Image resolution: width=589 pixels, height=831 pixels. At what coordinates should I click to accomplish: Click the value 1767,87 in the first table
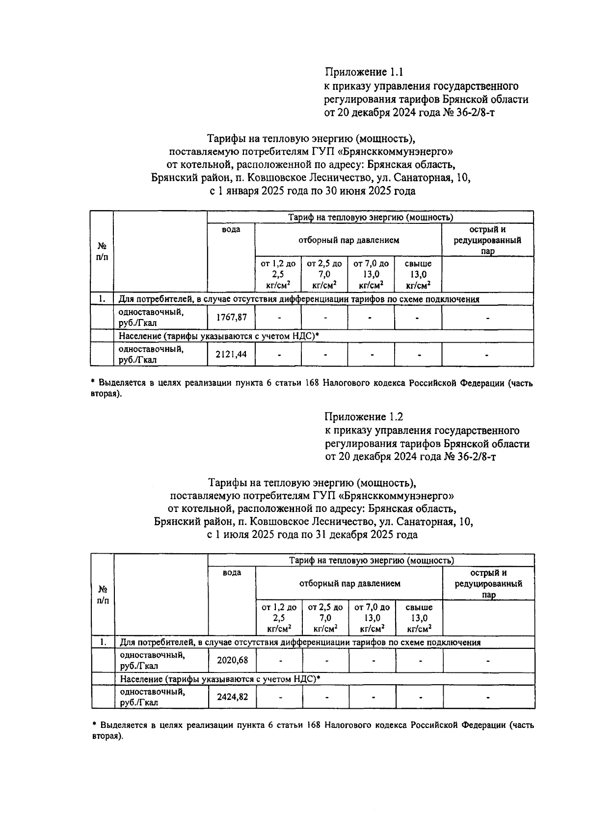pyautogui.click(x=231, y=318)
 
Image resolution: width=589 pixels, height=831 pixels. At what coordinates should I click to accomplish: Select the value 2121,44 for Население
pyautogui.click(x=231, y=354)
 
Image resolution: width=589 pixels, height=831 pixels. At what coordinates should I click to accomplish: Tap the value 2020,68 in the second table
pyautogui.click(x=232, y=660)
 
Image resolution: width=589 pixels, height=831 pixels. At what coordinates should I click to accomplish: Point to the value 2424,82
pyautogui.click(x=232, y=697)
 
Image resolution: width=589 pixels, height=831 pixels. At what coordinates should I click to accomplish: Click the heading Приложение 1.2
pyautogui.click(x=364, y=417)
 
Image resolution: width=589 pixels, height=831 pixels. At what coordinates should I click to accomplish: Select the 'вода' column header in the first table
pyautogui.click(x=231, y=230)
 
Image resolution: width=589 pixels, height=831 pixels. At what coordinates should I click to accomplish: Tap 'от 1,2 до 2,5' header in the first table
pyautogui.click(x=278, y=274)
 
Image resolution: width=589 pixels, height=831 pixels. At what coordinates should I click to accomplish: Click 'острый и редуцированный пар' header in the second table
pyautogui.click(x=488, y=584)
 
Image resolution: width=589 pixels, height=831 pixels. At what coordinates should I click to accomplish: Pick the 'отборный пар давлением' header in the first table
pyautogui.click(x=348, y=240)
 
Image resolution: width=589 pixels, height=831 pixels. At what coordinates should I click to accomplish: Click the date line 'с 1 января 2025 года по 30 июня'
pyautogui.click(x=313, y=191)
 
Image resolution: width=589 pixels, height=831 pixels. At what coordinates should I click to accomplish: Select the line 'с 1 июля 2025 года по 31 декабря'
pyautogui.click(x=313, y=535)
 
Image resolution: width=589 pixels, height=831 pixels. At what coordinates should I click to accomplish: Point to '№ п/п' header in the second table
pyautogui.click(x=103, y=594)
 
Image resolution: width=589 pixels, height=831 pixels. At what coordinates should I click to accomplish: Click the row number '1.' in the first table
pyautogui.click(x=102, y=299)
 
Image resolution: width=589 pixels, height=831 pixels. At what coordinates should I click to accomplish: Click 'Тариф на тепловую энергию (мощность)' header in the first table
pyautogui.click(x=370, y=217)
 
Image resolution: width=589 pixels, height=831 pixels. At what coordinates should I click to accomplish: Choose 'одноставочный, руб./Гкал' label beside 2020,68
pyautogui.click(x=153, y=660)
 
